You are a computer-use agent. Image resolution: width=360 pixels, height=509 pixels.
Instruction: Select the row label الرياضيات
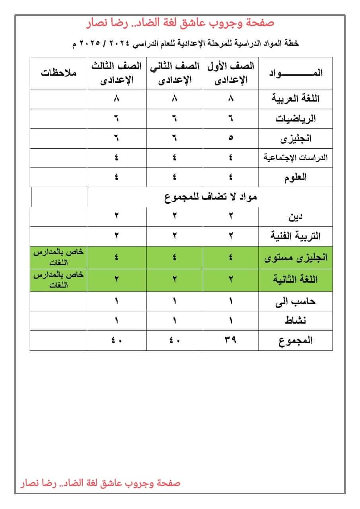pos(295,119)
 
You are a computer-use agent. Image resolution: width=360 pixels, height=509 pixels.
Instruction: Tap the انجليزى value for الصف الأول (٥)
pos(231,138)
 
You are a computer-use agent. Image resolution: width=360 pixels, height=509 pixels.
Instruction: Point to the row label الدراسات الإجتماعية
pos(296,158)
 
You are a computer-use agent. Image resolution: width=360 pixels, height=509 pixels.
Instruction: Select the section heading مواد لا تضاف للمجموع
pos(210,197)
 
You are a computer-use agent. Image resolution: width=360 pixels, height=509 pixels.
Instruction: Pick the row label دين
pos(296,217)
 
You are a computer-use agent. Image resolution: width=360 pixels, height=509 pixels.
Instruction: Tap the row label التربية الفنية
pos(295,236)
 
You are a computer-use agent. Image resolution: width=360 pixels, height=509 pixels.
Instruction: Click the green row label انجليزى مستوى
pos(296,258)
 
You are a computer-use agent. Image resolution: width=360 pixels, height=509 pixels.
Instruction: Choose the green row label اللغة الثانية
pos(295,280)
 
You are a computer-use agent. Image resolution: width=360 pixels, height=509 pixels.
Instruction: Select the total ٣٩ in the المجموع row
pos(231,340)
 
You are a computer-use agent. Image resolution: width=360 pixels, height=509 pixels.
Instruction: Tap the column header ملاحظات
pos(58,73)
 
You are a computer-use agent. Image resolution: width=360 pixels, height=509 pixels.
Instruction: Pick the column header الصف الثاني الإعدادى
pos(175,73)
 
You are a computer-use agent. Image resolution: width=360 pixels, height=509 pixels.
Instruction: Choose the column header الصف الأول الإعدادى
pos(231,73)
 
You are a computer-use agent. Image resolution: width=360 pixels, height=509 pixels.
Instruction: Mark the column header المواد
pos(296,73)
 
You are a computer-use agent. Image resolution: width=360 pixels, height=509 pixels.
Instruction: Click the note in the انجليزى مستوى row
pos(58,258)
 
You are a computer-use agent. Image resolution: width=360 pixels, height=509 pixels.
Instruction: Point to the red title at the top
pos(180,23)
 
